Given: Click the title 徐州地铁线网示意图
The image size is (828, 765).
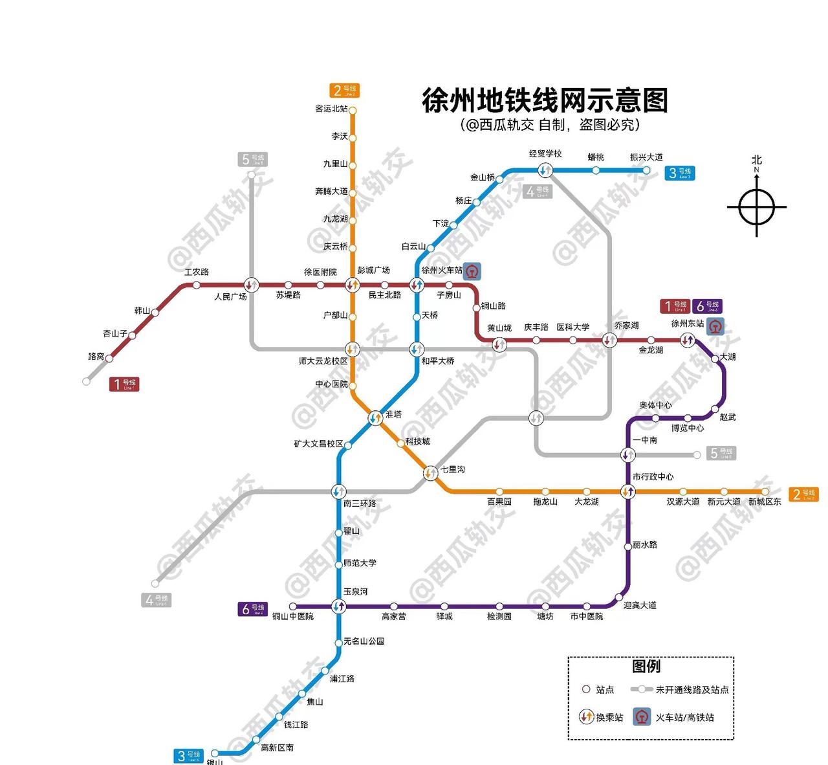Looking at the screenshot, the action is (x=545, y=101).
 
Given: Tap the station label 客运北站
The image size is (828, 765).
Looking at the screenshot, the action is (x=331, y=109).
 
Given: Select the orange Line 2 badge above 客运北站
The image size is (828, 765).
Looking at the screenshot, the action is (x=344, y=90).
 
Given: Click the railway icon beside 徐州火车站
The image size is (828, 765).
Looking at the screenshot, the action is (x=474, y=271).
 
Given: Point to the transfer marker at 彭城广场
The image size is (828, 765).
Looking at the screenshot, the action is (x=352, y=285).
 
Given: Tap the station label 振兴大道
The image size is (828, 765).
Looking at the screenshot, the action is (x=646, y=157).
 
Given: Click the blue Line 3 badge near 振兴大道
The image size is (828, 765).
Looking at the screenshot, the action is (x=681, y=173).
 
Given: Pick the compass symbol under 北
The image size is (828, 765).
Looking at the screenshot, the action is (x=756, y=208).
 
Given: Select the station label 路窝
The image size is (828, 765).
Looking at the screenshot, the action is (x=96, y=357).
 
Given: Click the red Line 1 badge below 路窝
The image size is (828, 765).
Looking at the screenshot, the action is (x=124, y=384).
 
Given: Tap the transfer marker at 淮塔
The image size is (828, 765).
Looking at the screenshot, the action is (x=375, y=418).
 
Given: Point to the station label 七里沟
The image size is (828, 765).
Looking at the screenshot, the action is (x=453, y=469).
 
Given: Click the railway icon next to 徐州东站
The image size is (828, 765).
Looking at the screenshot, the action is (x=715, y=325).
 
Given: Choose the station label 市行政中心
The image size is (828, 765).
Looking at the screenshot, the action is (x=653, y=477).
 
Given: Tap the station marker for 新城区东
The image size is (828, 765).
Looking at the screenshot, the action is (x=765, y=492).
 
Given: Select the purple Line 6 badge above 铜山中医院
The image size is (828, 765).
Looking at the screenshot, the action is (x=252, y=609).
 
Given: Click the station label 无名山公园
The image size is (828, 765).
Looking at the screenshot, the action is (x=364, y=641).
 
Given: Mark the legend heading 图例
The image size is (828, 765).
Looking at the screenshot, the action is (x=646, y=666).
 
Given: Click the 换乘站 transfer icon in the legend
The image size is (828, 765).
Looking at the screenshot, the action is (x=586, y=717).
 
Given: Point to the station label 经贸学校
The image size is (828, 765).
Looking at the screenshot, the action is (x=545, y=153).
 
